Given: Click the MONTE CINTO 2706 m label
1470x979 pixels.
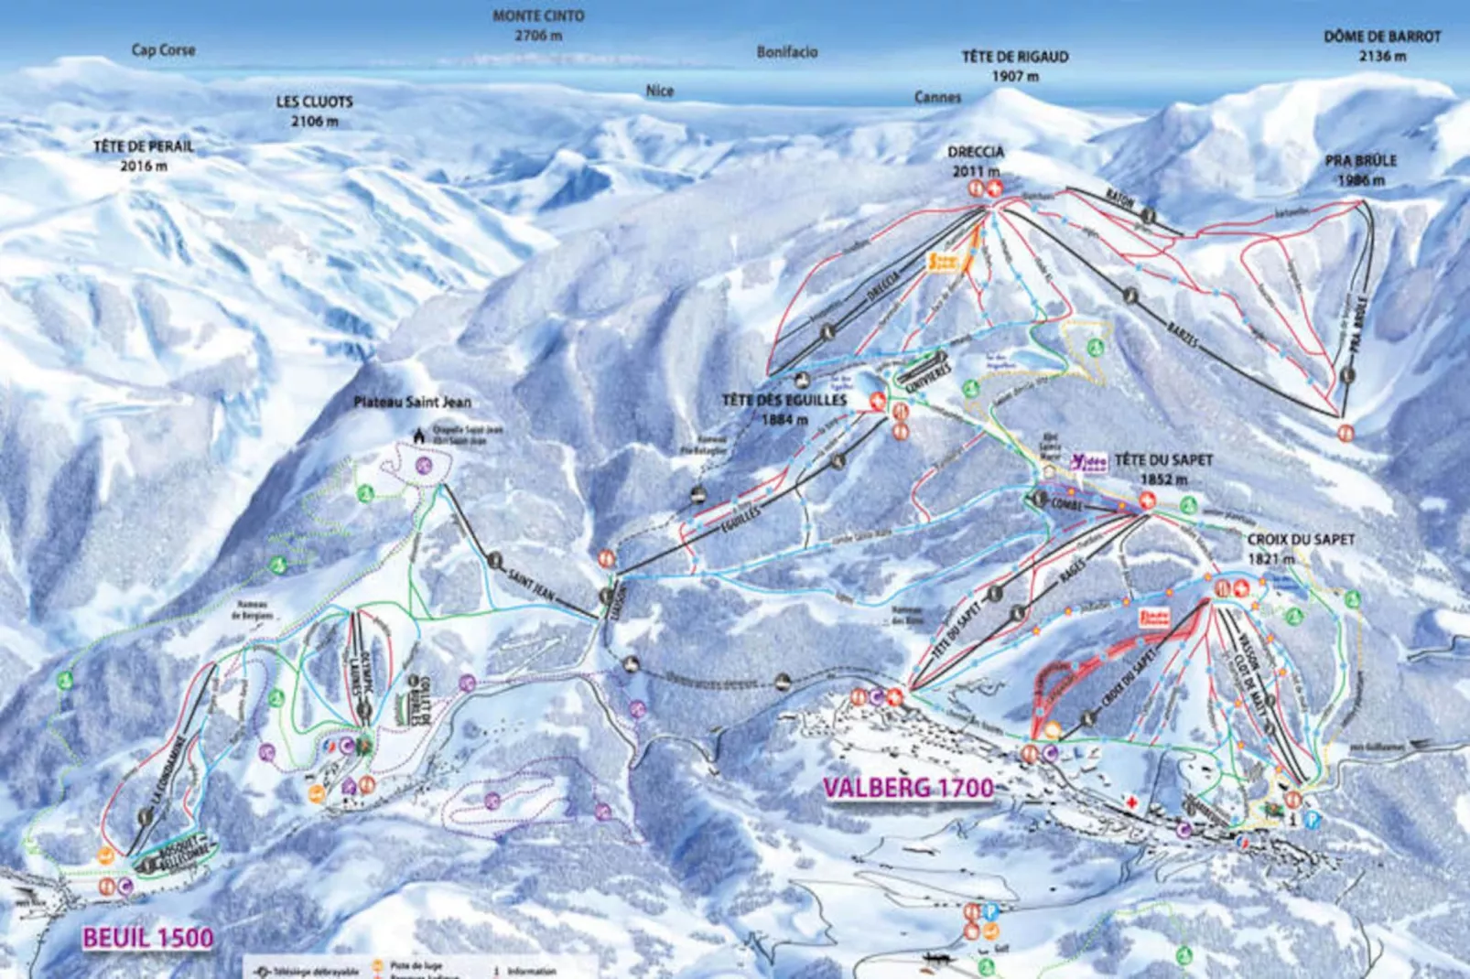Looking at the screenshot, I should point(538,26).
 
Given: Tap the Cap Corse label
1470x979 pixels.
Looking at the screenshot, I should point(163,50).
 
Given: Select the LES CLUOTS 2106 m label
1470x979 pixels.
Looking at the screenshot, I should point(314,111).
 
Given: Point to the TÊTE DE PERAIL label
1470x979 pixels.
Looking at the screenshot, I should point(144,146).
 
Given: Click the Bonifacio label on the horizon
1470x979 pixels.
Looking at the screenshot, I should point(786,52).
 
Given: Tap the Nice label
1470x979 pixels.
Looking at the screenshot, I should point(659,91).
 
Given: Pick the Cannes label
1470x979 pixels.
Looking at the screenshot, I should point(937,97).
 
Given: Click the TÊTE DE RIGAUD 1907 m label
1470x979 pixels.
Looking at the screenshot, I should point(1014,66).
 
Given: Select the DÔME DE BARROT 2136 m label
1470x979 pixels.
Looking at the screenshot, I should point(1381,46).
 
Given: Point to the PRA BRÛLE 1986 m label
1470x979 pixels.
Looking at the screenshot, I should point(1360,169).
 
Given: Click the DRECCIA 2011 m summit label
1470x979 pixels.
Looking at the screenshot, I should point(976,160).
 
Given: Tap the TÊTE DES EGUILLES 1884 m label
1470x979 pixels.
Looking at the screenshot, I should point(784,409).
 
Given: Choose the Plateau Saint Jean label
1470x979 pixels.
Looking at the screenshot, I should point(412,402).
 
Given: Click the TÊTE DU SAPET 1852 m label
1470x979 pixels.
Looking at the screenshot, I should point(1163,468).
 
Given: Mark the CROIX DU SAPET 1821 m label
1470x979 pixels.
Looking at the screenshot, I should point(1300,547).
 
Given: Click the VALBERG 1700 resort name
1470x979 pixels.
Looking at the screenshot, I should point(907,788).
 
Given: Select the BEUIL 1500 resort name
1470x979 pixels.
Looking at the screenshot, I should point(147,937).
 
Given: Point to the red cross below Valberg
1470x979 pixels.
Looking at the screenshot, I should point(1132,802).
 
